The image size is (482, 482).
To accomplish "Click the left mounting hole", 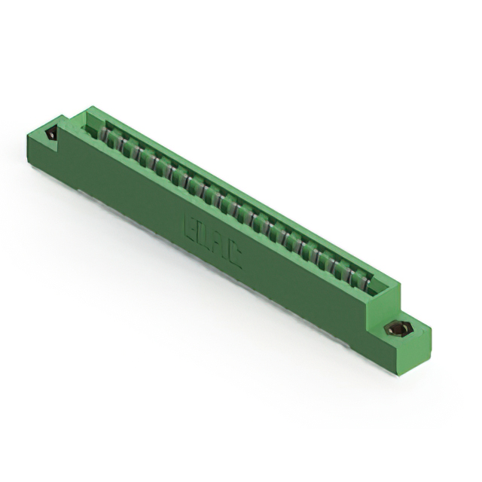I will coord(51,134).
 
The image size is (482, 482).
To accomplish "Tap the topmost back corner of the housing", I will coord(93,107).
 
